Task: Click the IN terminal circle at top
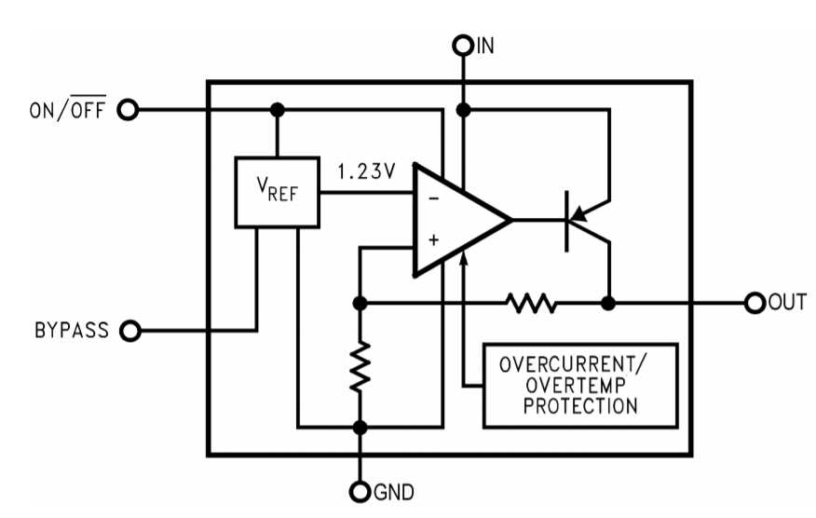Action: (x=463, y=44)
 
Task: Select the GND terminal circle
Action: (x=360, y=491)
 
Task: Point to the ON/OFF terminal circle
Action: (x=127, y=110)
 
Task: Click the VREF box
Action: (x=277, y=192)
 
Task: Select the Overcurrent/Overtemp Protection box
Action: (x=580, y=385)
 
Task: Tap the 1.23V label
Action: (x=366, y=171)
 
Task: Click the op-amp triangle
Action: (x=456, y=221)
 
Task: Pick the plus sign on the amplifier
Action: (x=432, y=240)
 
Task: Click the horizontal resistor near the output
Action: (x=530, y=303)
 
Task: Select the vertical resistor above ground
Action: (x=360, y=366)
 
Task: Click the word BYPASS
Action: (x=72, y=330)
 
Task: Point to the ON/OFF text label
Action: (x=67, y=110)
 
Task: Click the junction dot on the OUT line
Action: (x=608, y=303)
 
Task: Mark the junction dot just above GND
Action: (x=360, y=428)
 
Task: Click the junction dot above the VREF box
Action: (x=277, y=110)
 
